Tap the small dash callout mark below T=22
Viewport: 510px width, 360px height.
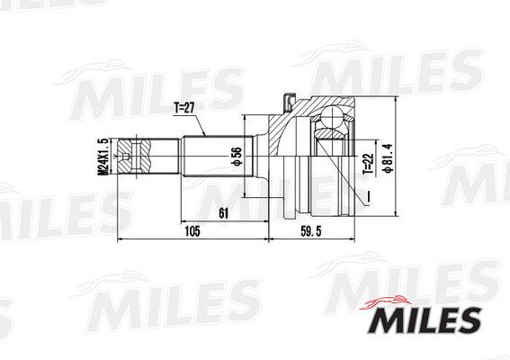(x=368, y=192)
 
